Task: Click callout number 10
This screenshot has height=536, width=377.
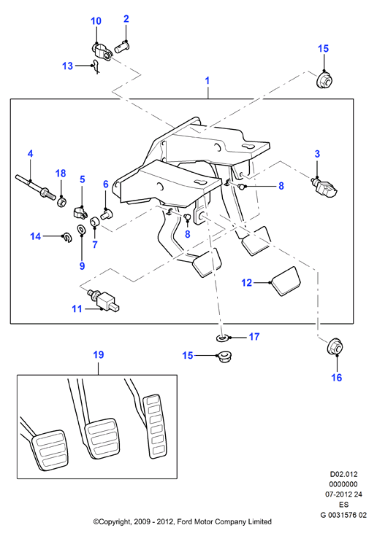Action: [96, 21]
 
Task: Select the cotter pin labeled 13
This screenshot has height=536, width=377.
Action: [96, 66]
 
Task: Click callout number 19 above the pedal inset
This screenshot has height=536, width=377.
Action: [99, 355]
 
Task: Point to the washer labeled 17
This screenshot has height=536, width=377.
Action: [223, 338]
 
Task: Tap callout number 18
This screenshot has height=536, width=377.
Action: [61, 174]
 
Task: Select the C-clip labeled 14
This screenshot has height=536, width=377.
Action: [66, 237]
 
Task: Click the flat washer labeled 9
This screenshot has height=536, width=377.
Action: [82, 230]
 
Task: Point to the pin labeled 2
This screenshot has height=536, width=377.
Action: [123, 46]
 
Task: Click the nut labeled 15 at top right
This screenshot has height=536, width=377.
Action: [324, 79]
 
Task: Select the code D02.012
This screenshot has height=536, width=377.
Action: [343, 475]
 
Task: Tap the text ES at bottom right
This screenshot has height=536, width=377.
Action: [344, 505]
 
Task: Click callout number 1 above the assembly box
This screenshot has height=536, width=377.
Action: [207, 81]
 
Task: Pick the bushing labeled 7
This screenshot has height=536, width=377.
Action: [94, 222]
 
